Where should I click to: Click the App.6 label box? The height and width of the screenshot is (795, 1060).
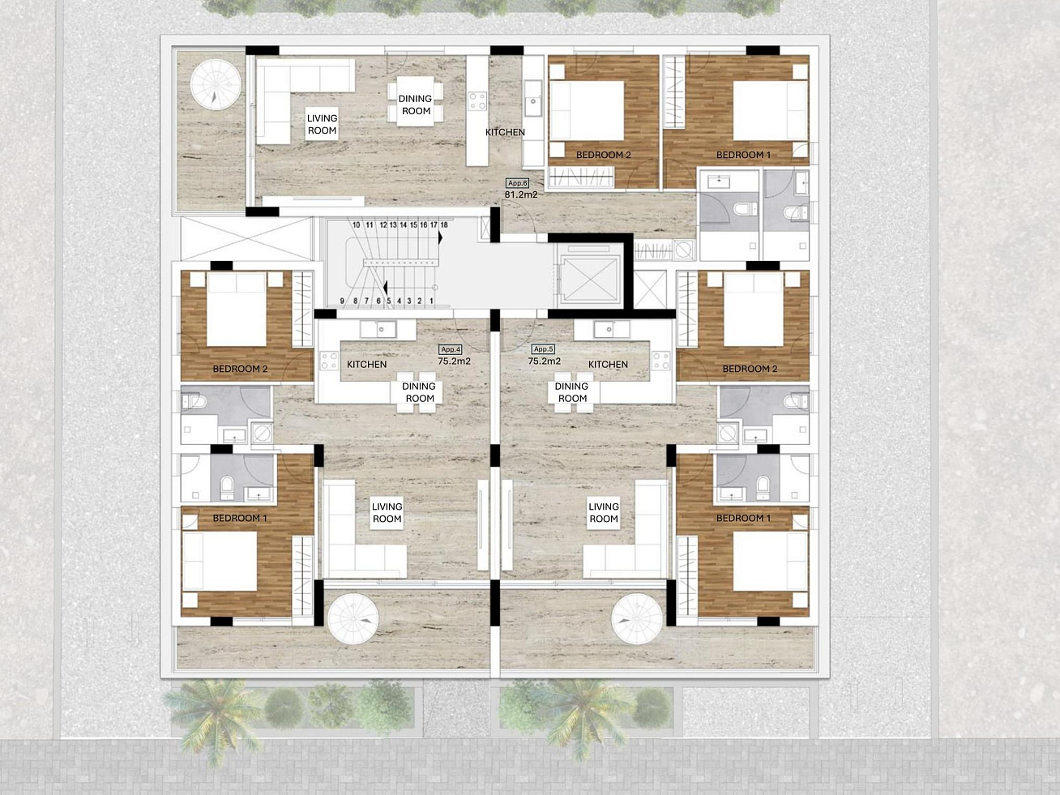[517, 183]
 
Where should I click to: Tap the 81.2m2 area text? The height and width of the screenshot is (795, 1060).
[521, 194]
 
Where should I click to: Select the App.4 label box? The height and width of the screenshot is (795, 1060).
[451, 349]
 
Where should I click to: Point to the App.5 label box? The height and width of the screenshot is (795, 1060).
[543, 349]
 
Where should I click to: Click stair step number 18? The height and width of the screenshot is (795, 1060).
[444, 225]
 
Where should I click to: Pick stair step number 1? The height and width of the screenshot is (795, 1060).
[431, 301]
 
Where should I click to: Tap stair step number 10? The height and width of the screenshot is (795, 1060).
[357, 225]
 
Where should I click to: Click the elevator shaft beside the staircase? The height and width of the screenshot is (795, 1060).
[588, 280]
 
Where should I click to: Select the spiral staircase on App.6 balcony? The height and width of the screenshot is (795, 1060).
[216, 85]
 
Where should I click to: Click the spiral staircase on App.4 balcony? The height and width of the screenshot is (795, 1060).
[353, 619]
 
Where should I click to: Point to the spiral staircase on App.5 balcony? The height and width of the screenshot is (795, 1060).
[636, 619]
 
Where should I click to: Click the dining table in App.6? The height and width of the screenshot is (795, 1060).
[415, 101]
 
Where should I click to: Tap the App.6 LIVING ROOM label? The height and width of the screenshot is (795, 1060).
[322, 124]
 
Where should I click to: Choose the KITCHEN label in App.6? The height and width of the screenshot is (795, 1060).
[505, 132]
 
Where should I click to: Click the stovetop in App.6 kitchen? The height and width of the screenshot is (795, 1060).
[477, 101]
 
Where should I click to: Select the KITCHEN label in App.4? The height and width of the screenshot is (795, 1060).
[367, 365]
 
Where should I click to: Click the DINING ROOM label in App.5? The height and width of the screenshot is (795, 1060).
[572, 392]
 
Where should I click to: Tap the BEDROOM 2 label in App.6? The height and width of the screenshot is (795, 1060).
[604, 155]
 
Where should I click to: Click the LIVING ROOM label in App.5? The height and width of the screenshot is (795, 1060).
[604, 513]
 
